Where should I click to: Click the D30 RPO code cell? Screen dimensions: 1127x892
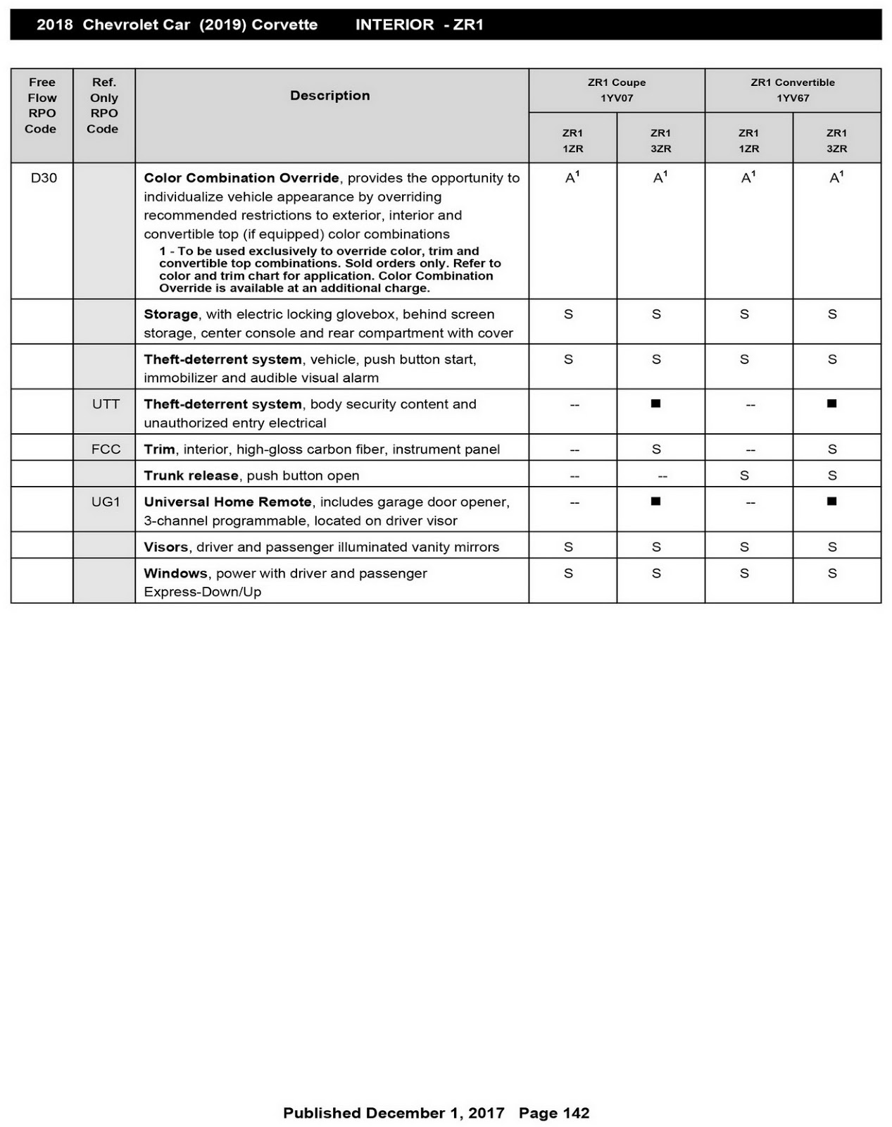point(44,178)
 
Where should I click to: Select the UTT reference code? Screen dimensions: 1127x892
point(106,404)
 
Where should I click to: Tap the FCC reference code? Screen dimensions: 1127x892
point(106,449)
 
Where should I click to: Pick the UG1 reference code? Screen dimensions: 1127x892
point(106,502)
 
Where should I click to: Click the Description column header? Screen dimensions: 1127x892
point(330,96)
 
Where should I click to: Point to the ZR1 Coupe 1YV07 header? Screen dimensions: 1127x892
point(617,90)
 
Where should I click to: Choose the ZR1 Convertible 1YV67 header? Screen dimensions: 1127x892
point(793,90)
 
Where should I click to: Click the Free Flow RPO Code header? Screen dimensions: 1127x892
point(42,106)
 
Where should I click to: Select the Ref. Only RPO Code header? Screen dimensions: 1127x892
point(103,106)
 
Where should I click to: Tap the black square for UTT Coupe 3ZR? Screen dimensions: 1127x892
point(656,404)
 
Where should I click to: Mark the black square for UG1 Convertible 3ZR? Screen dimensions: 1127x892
point(832,502)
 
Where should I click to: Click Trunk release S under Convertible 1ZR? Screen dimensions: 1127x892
point(744,475)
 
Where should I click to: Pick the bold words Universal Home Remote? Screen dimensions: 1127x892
point(227,502)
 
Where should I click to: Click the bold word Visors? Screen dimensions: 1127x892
point(166,547)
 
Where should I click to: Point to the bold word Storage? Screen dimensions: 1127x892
point(171,315)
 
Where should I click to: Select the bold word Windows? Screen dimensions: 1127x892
point(175,573)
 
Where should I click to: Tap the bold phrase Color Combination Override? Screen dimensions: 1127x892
point(241,178)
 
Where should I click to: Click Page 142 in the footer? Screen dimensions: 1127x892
point(554,1113)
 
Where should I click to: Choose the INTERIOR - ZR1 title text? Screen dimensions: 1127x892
point(419,25)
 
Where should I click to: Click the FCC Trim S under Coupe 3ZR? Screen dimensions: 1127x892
point(656,449)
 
